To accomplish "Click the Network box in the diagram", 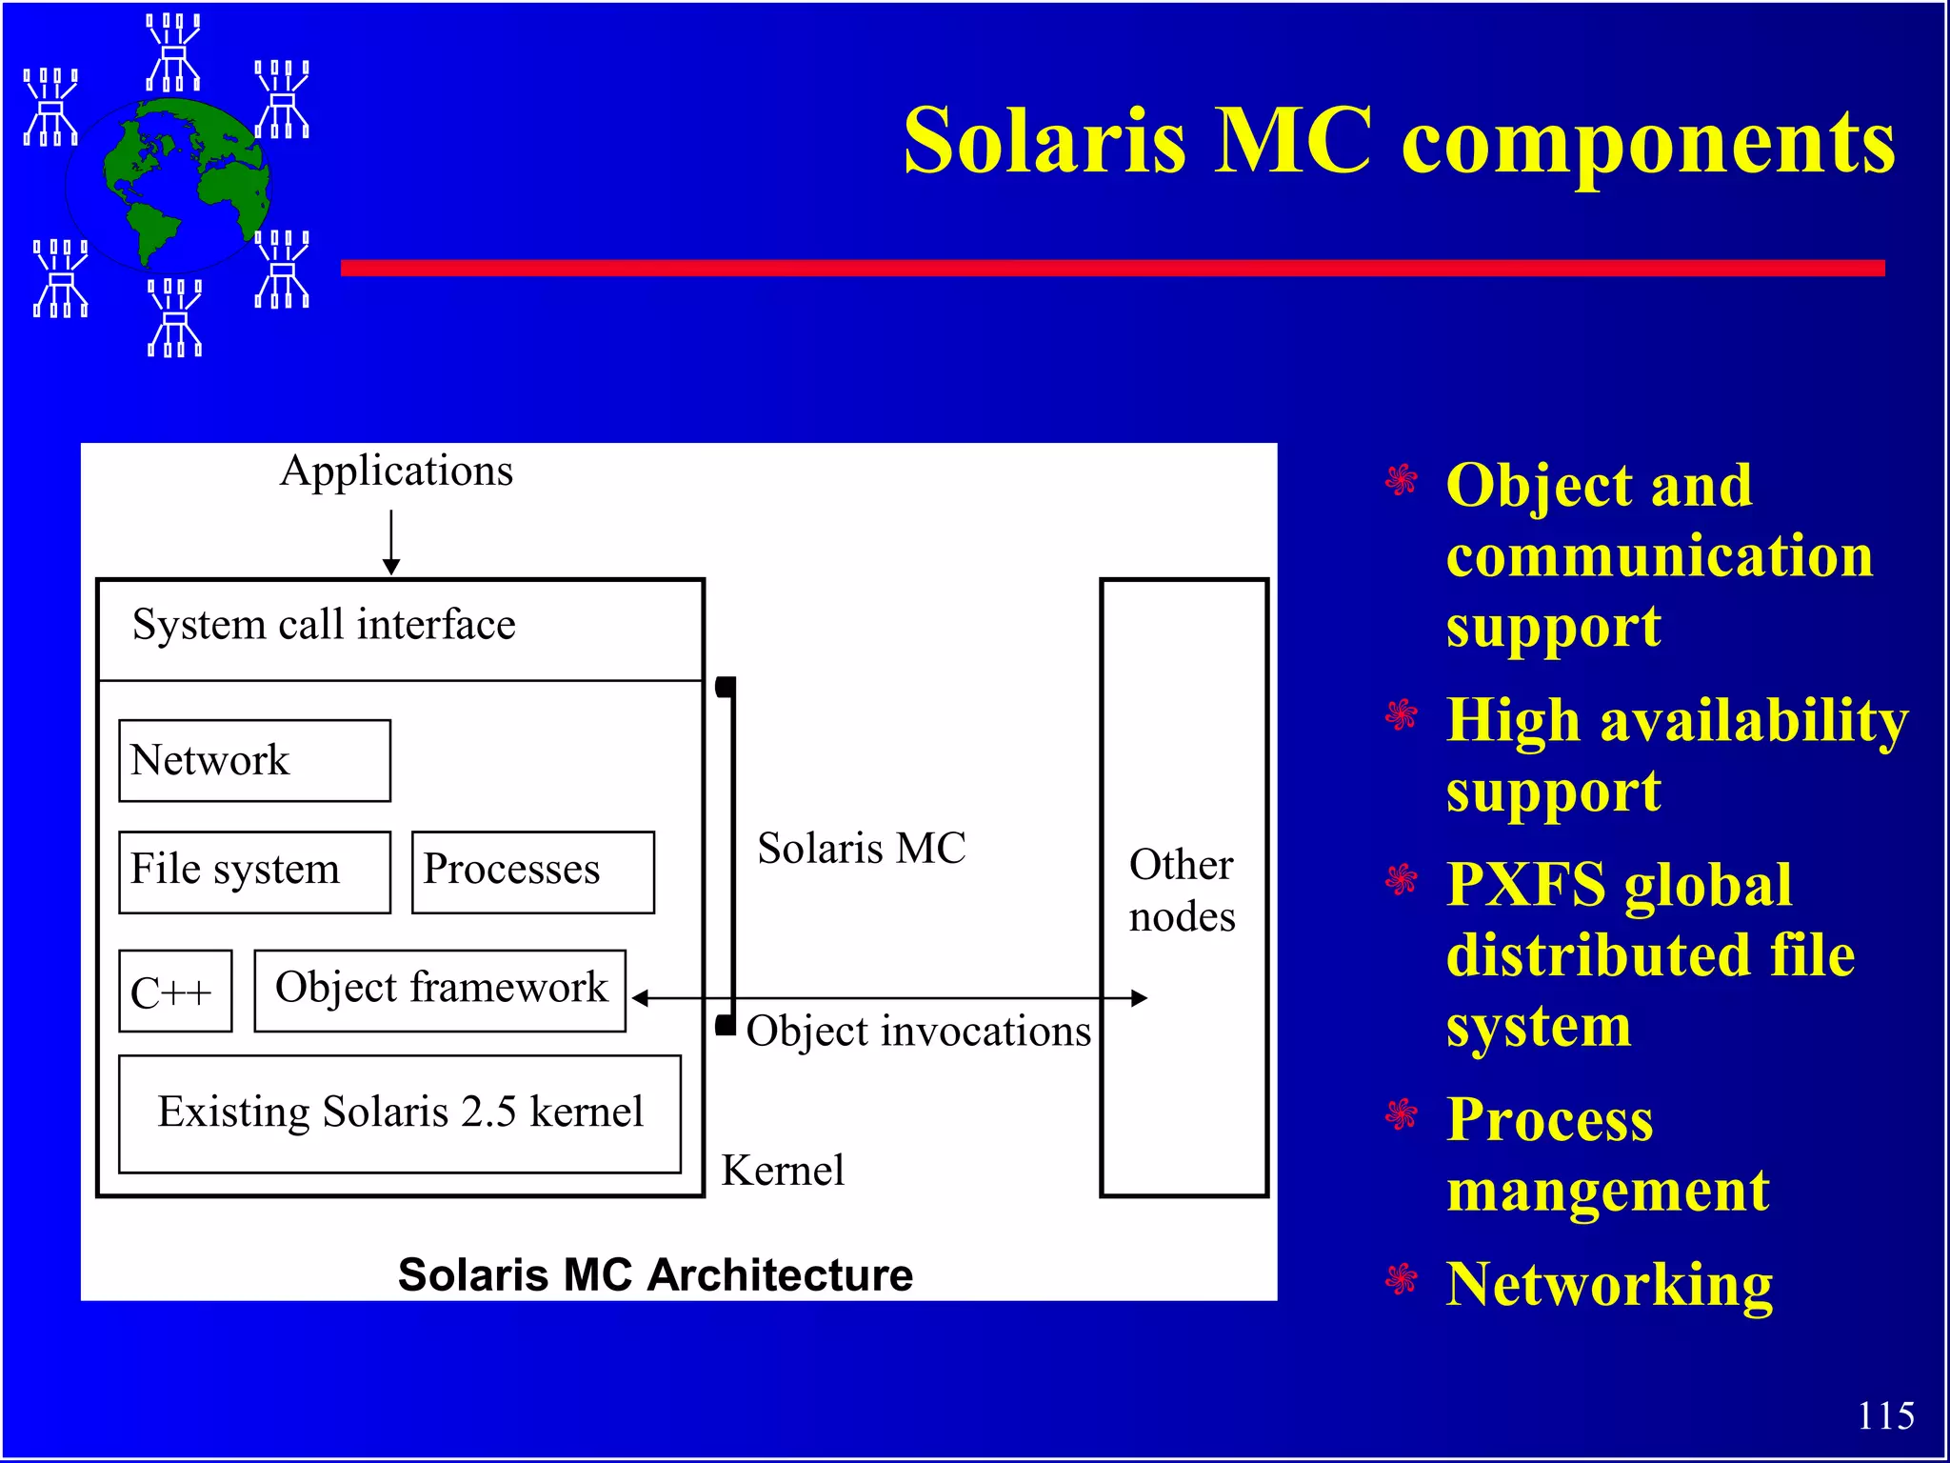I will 254,760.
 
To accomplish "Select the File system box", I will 254,872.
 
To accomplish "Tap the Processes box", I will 532,872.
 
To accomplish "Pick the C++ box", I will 175,991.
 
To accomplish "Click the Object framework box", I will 440,990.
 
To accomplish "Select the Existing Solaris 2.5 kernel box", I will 400,1112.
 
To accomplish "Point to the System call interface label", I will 324,626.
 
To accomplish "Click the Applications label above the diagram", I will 396,471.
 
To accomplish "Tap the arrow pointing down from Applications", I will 391,542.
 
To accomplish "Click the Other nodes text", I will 1182,891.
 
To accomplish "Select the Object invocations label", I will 918,1032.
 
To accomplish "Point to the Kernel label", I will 783,1171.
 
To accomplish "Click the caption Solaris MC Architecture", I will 655,1274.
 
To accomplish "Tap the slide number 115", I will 1885,1415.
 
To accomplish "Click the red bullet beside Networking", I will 1401,1279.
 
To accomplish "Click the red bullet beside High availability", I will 1401,714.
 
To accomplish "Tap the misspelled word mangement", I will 1607,1191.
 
